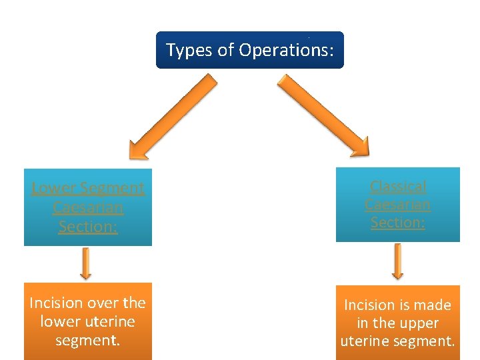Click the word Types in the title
(x=189, y=50)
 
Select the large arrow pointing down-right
(x=323, y=115)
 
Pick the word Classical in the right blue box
(x=398, y=186)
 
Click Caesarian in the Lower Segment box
(x=88, y=207)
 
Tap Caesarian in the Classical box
(x=398, y=204)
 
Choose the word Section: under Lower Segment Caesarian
(x=88, y=227)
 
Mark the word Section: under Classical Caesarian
(x=398, y=223)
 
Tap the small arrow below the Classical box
(x=398, y=261)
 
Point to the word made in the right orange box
(x=435, y=305)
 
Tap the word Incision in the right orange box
(x=369, y=305)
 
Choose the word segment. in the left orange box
(x=88, y=340)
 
